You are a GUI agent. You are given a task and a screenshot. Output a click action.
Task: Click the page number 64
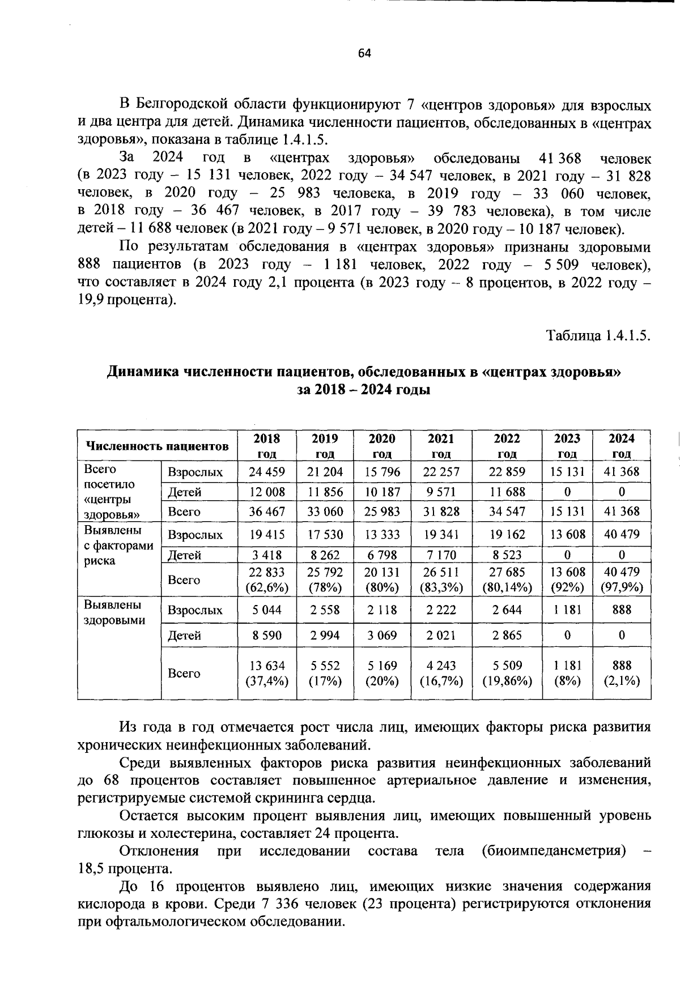coord(364,53)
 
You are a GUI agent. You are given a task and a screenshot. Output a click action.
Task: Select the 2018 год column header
coord(266,446)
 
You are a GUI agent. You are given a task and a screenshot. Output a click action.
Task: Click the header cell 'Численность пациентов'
coord(157,446)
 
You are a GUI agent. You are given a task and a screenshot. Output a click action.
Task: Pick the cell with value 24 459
coord(266,472)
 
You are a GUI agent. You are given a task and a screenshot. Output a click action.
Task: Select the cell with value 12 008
coord(266,492)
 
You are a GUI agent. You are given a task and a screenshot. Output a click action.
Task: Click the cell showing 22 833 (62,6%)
coord(266,580)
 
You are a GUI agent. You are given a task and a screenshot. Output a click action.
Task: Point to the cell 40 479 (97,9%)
coord(621,580)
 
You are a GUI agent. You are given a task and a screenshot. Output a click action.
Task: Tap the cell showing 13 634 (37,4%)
coord(266,673)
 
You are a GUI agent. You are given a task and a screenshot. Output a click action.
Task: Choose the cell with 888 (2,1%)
coord(621,673)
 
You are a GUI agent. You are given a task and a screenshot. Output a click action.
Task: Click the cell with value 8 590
coord(266,635)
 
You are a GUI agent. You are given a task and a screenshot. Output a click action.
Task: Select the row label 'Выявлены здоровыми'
coord(114,612)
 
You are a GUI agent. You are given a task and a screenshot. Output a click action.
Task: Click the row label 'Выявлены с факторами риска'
coord(118,545)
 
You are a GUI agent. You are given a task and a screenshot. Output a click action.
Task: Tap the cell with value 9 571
coord(441,492)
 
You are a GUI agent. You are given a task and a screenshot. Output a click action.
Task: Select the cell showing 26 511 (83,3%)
coord(441,580)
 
